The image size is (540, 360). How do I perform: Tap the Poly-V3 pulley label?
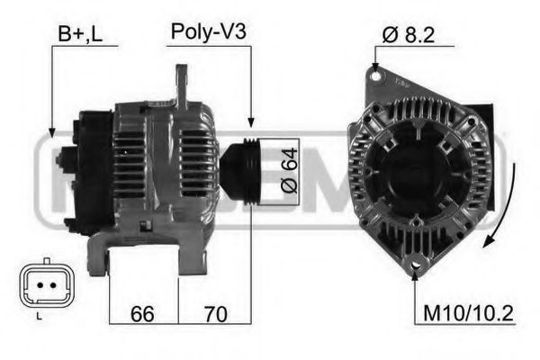coord(208,33)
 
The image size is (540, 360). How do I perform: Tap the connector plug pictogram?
coord(40,285)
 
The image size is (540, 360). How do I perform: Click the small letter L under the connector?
coord(39,317)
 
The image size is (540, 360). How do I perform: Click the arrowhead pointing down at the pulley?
coord(251,122)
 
